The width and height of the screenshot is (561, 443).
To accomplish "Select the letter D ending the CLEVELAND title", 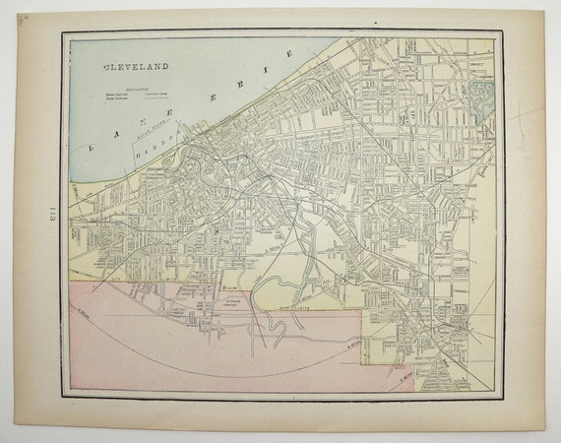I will tap(164, 67).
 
